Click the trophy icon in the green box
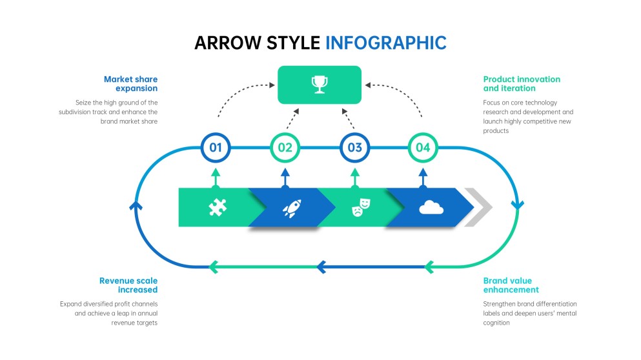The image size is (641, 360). click(x=319, y=84)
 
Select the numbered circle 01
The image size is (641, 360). click(x=216, y=148)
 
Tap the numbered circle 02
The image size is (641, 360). click(x=285, y=148)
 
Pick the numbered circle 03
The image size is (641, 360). click(x=354, y=148)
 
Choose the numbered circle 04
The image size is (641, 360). click(x=423, y=148)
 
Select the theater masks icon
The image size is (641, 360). click(x=361, y=207)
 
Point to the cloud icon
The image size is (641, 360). click(x=431, y=207)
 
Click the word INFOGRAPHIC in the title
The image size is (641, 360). click(x=385, y=43)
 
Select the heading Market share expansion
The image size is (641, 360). click(x=130, y=83)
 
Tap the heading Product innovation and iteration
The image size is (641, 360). click(x=521, y=83)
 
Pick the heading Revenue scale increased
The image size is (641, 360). click(x=128, y=285)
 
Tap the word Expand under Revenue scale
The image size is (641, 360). click(x=71, y=304)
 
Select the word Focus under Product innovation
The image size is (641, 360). click(x=492, y=103)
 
